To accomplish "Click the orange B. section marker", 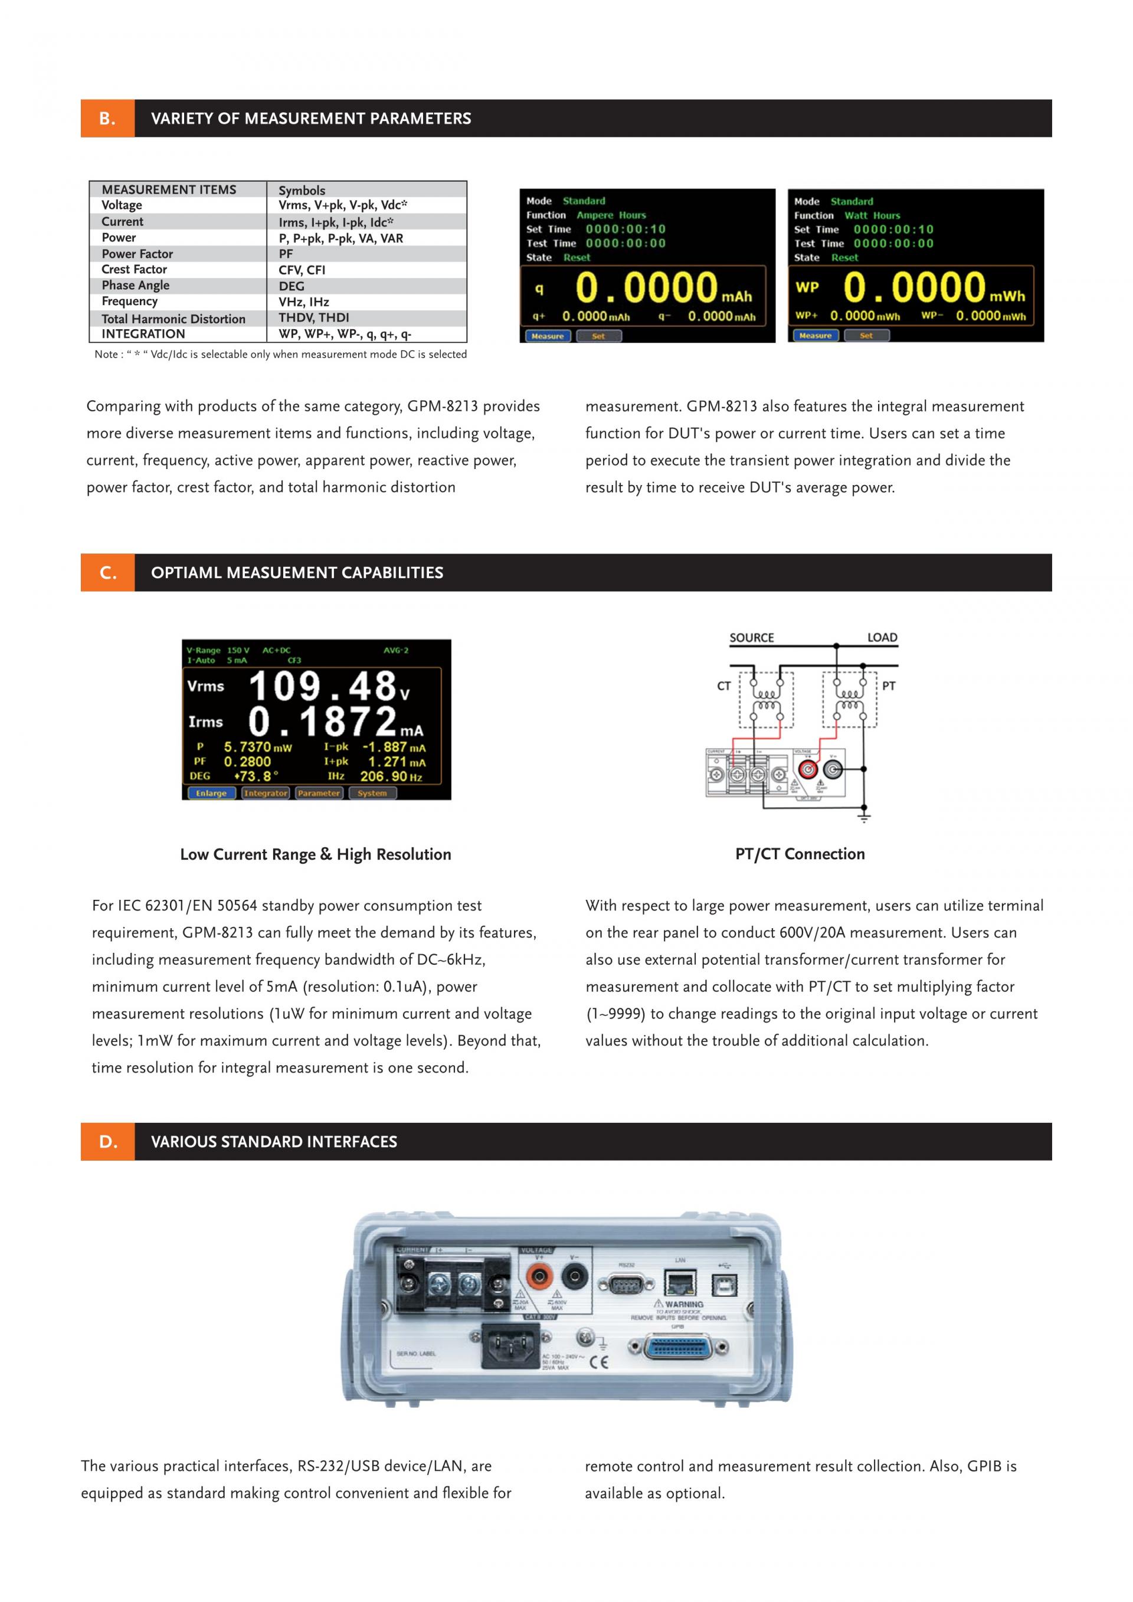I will tap(107, 119).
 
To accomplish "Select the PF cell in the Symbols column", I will tap(286, 254).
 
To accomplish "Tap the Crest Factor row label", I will tap(135, 269).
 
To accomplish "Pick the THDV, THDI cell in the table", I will tap(314, 317).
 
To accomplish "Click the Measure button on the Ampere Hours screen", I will tap(548, 336).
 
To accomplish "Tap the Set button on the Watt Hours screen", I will tap(866, 336).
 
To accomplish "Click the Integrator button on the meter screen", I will tap(265, 793).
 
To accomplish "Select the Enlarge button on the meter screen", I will tap(211, 793).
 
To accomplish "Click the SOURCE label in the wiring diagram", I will tap(751, 638).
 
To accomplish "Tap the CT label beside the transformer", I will tap(724, 687).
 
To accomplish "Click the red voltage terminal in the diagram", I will tap(808, 769).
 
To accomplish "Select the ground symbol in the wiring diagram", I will tap(865, 817).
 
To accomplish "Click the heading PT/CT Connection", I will tap(800, 854).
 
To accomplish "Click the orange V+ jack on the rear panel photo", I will tap(539, 1277).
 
